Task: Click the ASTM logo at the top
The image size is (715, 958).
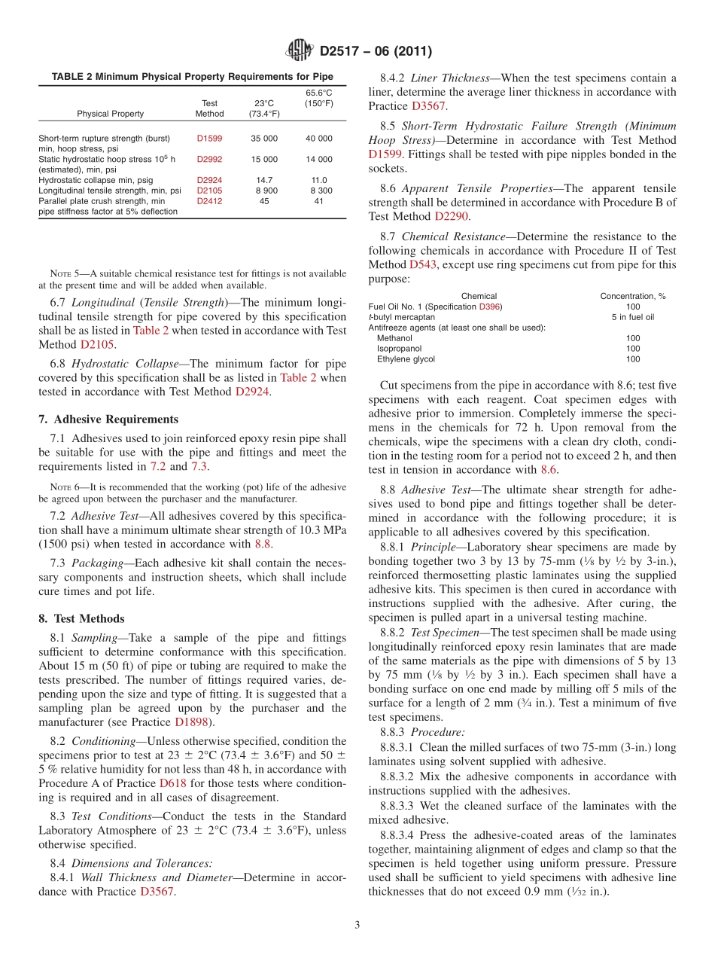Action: tap(300, 51)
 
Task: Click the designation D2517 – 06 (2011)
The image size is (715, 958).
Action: tap(375, 52)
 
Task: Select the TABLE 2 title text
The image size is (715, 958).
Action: tap(192, 77)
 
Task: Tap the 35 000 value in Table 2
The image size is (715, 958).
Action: tap(264, 139)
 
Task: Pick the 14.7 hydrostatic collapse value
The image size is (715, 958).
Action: tap(264, 180)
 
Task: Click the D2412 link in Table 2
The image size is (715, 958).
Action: tap(209, 201)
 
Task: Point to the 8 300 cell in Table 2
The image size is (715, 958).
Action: tap(319, 191)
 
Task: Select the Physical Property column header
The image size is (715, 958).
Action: tap(110, 114)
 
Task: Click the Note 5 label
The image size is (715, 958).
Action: tap(60, 273)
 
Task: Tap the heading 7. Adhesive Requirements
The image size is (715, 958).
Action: tap(108, 420)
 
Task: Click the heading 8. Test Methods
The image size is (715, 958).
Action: tap(81, 619)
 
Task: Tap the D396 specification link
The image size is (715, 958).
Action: tap(489, 307)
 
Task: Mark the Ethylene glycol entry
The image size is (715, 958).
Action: tap(406, 359)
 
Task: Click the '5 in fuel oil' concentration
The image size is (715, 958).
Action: tap(632, 317)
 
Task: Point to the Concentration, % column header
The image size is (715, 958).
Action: tap(632, 296)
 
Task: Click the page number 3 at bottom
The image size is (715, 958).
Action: tap(357, 925)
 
